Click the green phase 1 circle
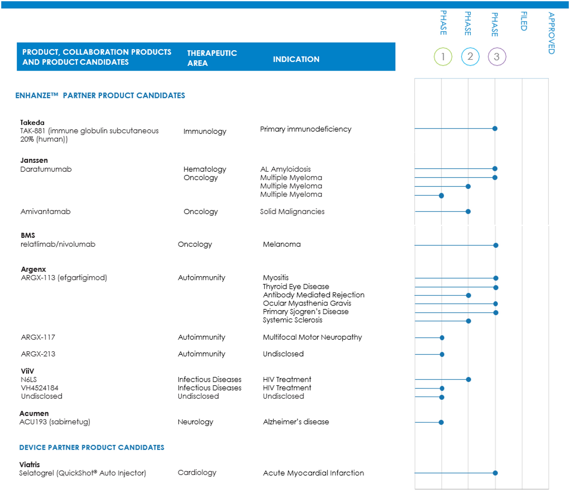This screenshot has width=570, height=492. click(443, 57)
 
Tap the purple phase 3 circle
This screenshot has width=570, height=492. click(497, 57)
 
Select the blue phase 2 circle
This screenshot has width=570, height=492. click(470, 57)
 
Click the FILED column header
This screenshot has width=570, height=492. click(524, 21)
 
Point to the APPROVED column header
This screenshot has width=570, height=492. click(551, 33)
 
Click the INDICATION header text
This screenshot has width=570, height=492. click(296, 59)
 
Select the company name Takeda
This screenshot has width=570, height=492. click(32, 122)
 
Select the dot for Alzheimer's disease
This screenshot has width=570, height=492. click(441, 422)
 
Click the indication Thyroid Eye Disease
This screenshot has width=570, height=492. click(296, 287)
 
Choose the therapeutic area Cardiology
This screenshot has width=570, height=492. click(197, 473)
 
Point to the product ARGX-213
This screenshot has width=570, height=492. click(38, 354)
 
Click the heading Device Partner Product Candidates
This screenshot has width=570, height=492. click(92, 447)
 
